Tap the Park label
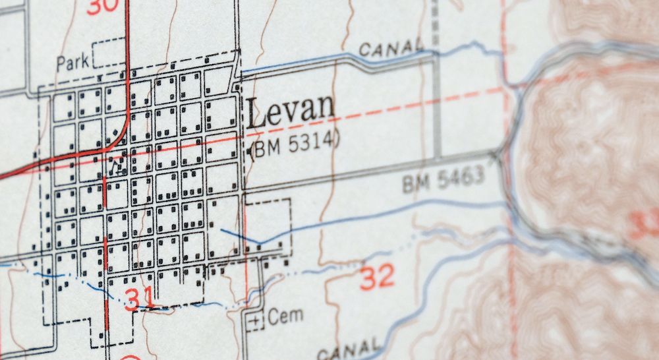tap(72, 64)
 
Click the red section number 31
tap(139, 299)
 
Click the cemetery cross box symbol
tap(255, 321)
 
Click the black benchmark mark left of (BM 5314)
tap(252, 152)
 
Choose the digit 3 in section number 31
tap(132, 299)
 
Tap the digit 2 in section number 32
tap(386, 277)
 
